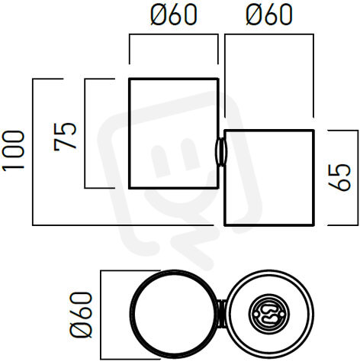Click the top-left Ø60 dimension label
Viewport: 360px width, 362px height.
[174, 15]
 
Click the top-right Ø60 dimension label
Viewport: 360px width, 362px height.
[269, 15]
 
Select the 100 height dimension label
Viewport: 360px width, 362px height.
[13, 150]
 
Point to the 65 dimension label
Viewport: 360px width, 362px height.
[339, 178]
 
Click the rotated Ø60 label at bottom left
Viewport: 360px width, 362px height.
[81, 315]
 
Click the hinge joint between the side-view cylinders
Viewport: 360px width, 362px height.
[221, 152]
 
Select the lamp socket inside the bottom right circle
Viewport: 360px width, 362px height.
[266, 315]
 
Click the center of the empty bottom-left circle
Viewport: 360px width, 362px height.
[174, 315]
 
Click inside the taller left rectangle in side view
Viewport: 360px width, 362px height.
[174, 134]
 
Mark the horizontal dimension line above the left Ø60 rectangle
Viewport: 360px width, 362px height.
[174, 34]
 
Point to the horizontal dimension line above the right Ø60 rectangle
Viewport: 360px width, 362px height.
[269, 34]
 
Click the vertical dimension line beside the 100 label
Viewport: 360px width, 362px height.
[33, 152]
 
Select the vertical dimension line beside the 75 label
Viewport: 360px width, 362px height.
[85, 134]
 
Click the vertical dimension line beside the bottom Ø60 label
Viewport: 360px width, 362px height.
[101, 315]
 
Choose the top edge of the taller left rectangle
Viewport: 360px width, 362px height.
[174, 79]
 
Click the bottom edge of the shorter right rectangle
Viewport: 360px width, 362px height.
[269, 225]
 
